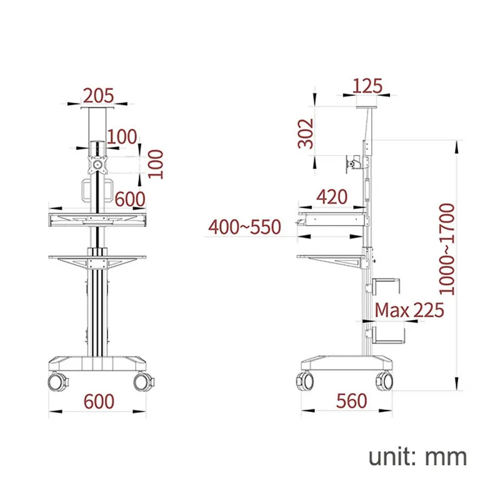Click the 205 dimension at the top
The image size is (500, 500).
pos(99,95)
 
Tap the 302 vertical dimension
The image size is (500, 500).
pos(306,133)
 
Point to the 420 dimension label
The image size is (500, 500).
pos(332,197)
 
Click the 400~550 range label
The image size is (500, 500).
pos(245,226)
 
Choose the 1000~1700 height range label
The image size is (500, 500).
pos(446,248)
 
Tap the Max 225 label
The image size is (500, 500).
pos(409,309)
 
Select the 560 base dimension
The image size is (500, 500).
pos(351,401)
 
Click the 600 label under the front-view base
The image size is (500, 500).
pos(99,401)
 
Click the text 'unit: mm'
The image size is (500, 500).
pos(417,456)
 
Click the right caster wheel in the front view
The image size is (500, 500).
pos(142,381)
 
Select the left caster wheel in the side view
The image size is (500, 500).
pos(306,380)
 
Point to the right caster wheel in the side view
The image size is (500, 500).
pos(384,380)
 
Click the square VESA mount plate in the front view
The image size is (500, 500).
pos(97,166)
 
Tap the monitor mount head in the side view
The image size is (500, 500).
pos(354,164)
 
